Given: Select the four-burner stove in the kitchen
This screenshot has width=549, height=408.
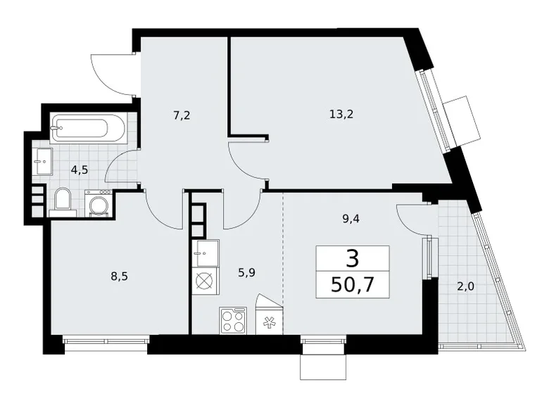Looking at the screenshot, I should click(x=232, y=321).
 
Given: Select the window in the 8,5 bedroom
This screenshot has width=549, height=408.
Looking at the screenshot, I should click(x=106, y=341).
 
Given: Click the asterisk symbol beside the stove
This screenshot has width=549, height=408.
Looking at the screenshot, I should click(x=268, y=321).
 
